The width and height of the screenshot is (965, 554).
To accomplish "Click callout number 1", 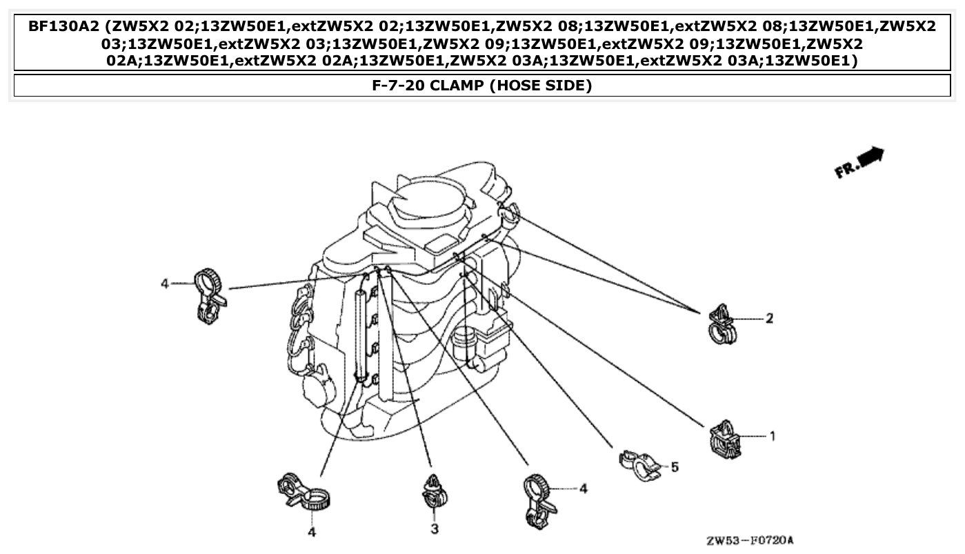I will pos(773,436).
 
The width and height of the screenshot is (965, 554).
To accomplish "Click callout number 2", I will pos(769,319).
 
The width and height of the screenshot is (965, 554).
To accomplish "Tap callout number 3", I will pos(435,529).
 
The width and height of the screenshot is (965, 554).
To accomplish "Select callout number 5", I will pos(674,468).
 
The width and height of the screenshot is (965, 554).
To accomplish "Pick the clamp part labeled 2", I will pos(724,323).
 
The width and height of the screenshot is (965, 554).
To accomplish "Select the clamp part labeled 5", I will pos(639,464).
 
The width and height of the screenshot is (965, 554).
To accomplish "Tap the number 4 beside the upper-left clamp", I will pos(164,284).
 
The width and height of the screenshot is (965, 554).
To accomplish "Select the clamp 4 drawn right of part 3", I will pos(539,502).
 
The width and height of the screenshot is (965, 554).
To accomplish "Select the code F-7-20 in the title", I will pos(395,86).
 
